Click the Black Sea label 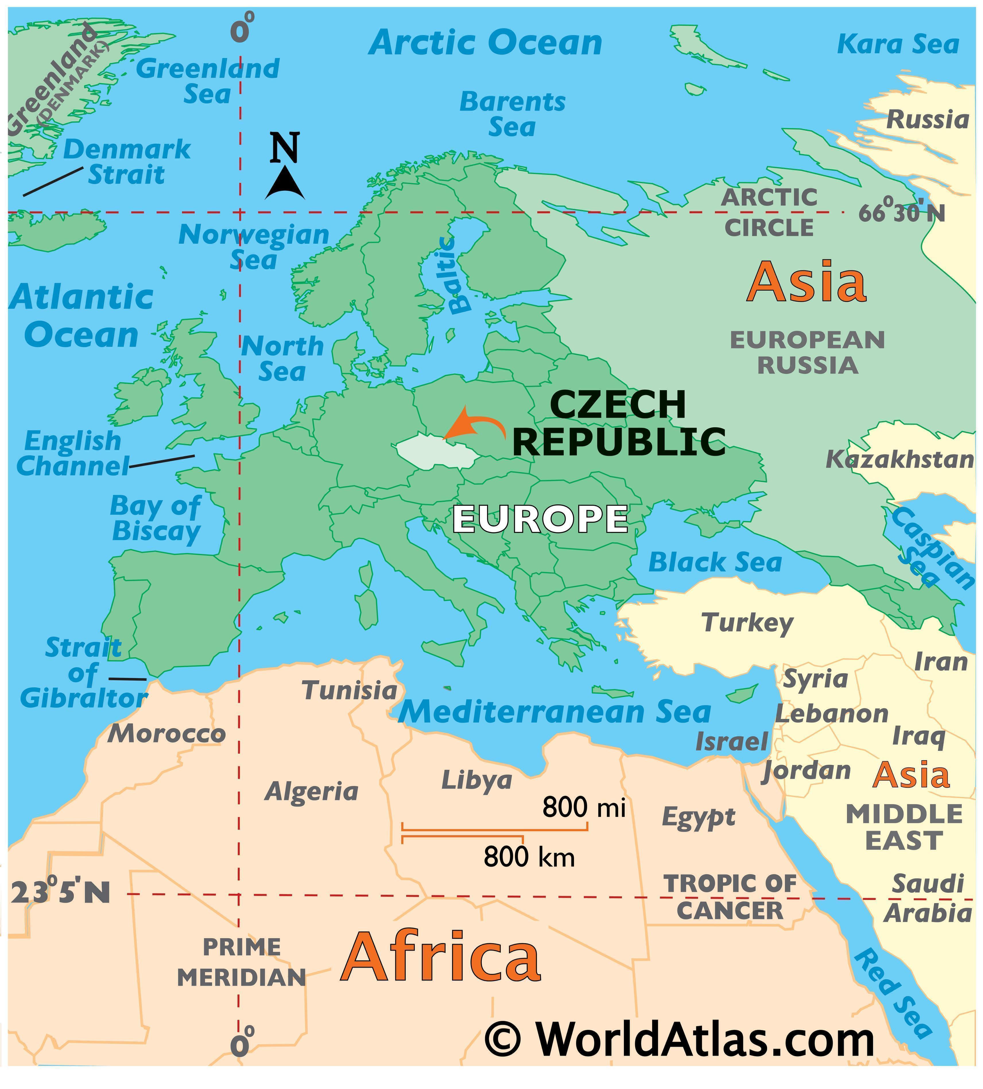tap(715, 563)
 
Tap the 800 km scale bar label tap(529, 857)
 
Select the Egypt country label tap(698, 817)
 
